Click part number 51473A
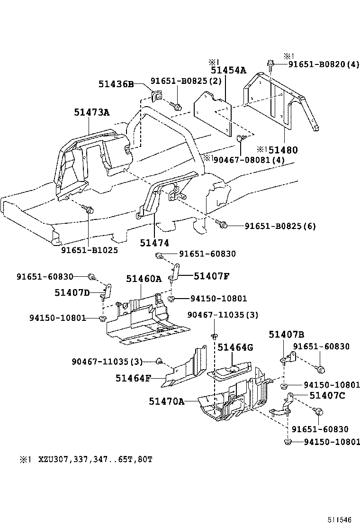click(91, 112)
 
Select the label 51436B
click(117, 84)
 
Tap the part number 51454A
click(228, 71)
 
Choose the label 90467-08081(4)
click(249, 160)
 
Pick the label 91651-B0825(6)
click(280, 226)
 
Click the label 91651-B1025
click(89, 250)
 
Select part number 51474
click(154, 242)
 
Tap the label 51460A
click(144, 279)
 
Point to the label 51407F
click(211, 275)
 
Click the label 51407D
click(72, 292)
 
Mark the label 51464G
click(235, 347)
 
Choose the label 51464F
click(133, 378)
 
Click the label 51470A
click(166, 401)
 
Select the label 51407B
click(286, 334)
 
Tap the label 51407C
click(326, 395)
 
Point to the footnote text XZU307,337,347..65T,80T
click(93, 459)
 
